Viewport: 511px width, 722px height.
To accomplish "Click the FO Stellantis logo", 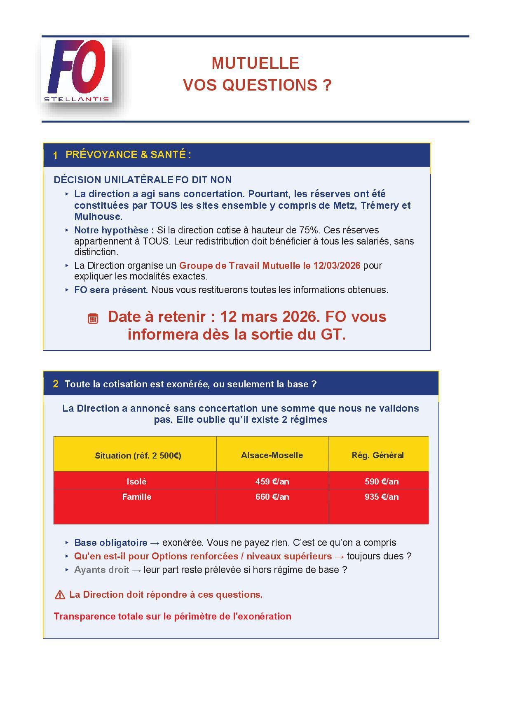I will tap(77, 70).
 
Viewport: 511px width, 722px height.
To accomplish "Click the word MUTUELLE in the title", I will tap(255, 63).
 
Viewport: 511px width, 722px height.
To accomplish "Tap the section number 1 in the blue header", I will tap(55, 155).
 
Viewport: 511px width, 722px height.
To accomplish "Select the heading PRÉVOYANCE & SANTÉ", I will tap(128, 155).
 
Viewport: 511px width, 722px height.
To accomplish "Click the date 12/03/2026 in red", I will tap(337, 266).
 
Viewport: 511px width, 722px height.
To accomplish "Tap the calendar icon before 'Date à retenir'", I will tap(93, 319).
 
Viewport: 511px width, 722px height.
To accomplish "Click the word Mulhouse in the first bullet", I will tap(98, 217).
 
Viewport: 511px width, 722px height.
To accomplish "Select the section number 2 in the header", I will tap(56, 384).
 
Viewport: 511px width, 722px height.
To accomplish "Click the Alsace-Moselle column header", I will tap(272, 455).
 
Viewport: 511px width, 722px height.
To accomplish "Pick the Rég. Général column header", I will tap(377, 455).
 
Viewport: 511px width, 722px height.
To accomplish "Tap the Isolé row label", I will tap(136, 482).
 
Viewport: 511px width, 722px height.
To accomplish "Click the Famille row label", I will tap(136, 497).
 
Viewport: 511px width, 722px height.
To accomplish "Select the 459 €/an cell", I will tap(272, 482).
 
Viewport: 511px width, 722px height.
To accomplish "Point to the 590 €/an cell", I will tap(382, 482).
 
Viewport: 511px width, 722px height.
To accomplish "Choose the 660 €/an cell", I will tap(272, 497).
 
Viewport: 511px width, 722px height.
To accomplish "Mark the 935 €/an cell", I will tap(382, 497).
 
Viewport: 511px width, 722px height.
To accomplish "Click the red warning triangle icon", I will tap(60, 595).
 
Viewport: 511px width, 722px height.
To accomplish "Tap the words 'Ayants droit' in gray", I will tap(101, 570).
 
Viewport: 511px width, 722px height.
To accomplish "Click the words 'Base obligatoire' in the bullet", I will tap(110, 543).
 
